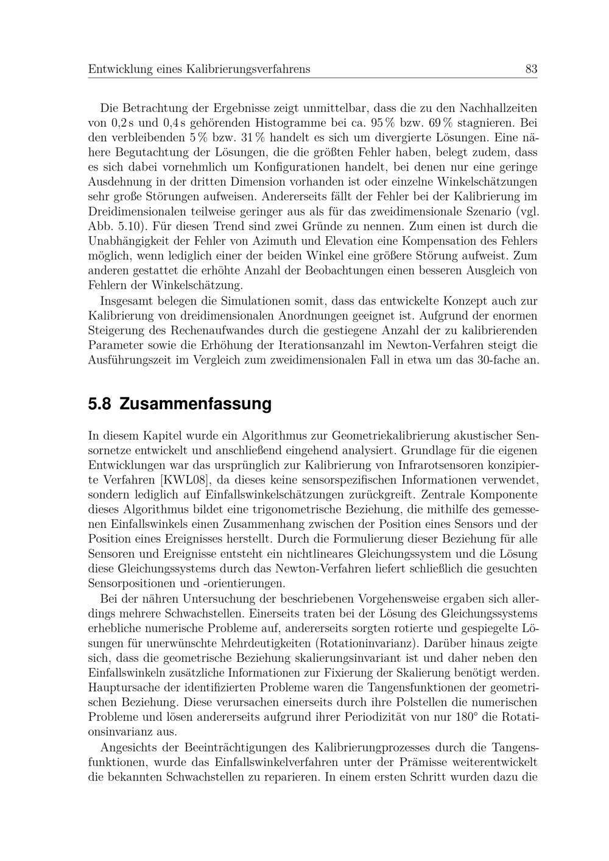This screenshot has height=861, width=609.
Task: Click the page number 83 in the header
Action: (x=531, y=69)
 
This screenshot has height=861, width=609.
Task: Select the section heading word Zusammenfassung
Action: (x=195, y=404)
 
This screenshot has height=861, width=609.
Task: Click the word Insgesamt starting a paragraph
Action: (x=128, y=301)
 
